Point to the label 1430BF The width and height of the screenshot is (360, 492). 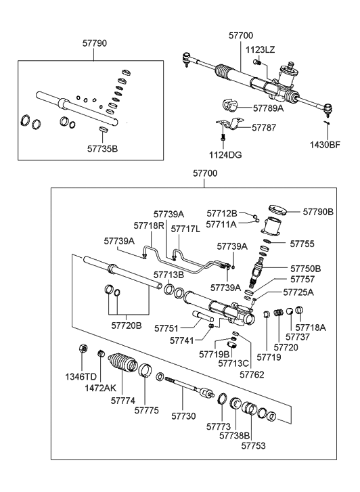pyautogui.click(x=326, y=144)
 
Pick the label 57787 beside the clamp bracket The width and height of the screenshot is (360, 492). pyautogui.click(x=265, y=127)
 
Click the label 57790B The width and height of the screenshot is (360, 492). pyautogui.click(x=318, y=212)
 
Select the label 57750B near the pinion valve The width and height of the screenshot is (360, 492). pyautogui.click(x=305, y=269)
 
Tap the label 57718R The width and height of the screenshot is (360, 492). pyautogui.click(x=148, y=225)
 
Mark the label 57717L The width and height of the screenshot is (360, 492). pyautogui.click(x=185, y=229)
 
